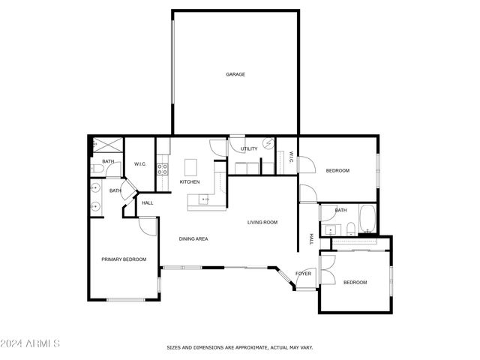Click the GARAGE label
(235, 74)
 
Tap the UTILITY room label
(249, 148)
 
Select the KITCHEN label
(190, 182)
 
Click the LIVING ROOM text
(262, 222)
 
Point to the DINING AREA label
(193, 238)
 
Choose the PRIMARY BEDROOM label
(124, 259)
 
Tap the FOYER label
(303, 273)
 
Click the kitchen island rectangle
(190, 166)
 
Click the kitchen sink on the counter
(202, 199)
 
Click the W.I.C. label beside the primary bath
(139, 163)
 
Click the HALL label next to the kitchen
(147, 202)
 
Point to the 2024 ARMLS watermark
(30, 344)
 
